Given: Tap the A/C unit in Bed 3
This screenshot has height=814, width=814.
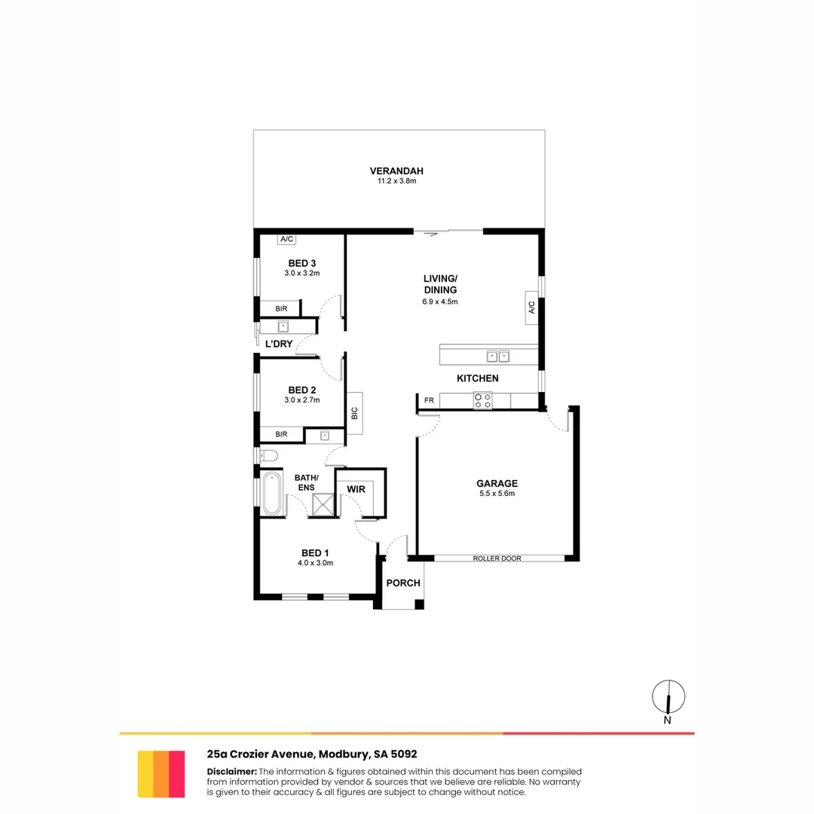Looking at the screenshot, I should coord(286,240).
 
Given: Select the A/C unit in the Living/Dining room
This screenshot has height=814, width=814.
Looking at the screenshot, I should coord(531,308).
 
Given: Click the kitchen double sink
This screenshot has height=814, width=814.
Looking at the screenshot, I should coord(497,357).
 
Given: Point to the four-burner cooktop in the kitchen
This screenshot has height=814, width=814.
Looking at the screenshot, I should coord(483,400).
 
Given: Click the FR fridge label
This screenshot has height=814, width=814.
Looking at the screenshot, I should coord(429,400).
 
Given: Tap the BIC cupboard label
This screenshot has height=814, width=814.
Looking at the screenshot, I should coord(354,413).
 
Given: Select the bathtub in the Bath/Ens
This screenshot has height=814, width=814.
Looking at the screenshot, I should coord(271,494).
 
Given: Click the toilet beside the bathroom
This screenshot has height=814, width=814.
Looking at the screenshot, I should coord(268,455).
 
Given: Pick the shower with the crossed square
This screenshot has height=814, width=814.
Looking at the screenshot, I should coord(324,504).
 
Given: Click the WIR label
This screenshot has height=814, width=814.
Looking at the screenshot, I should coord(356,489).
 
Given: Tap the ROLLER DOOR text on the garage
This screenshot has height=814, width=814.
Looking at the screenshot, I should coord(497,558).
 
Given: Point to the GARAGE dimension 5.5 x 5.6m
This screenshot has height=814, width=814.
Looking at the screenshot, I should coord(497,494).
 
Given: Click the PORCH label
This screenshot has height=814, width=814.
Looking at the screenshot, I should coord(402,583).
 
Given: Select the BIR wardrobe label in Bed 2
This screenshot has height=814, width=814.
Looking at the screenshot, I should coord(281,434).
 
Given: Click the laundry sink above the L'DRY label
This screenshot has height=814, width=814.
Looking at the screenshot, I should coord(284,326).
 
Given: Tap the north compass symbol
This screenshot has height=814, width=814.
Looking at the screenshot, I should coord(668,697).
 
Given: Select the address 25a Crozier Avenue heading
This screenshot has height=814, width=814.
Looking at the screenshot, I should coord(312,754).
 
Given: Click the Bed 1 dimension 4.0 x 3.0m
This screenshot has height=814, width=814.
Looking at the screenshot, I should coord(315,562).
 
